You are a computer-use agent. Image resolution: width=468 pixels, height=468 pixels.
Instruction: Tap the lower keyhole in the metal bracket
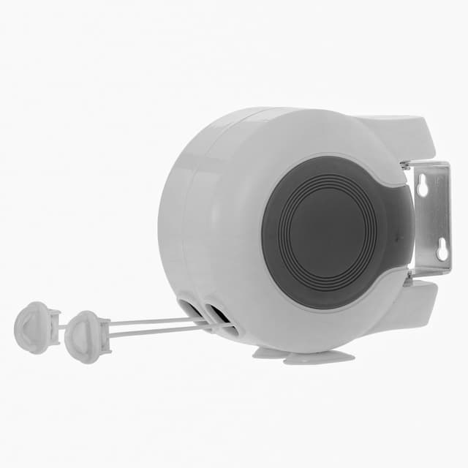click(x=442, y=252)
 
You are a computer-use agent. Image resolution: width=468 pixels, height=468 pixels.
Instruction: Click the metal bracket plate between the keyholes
click(x=431, y=219)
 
